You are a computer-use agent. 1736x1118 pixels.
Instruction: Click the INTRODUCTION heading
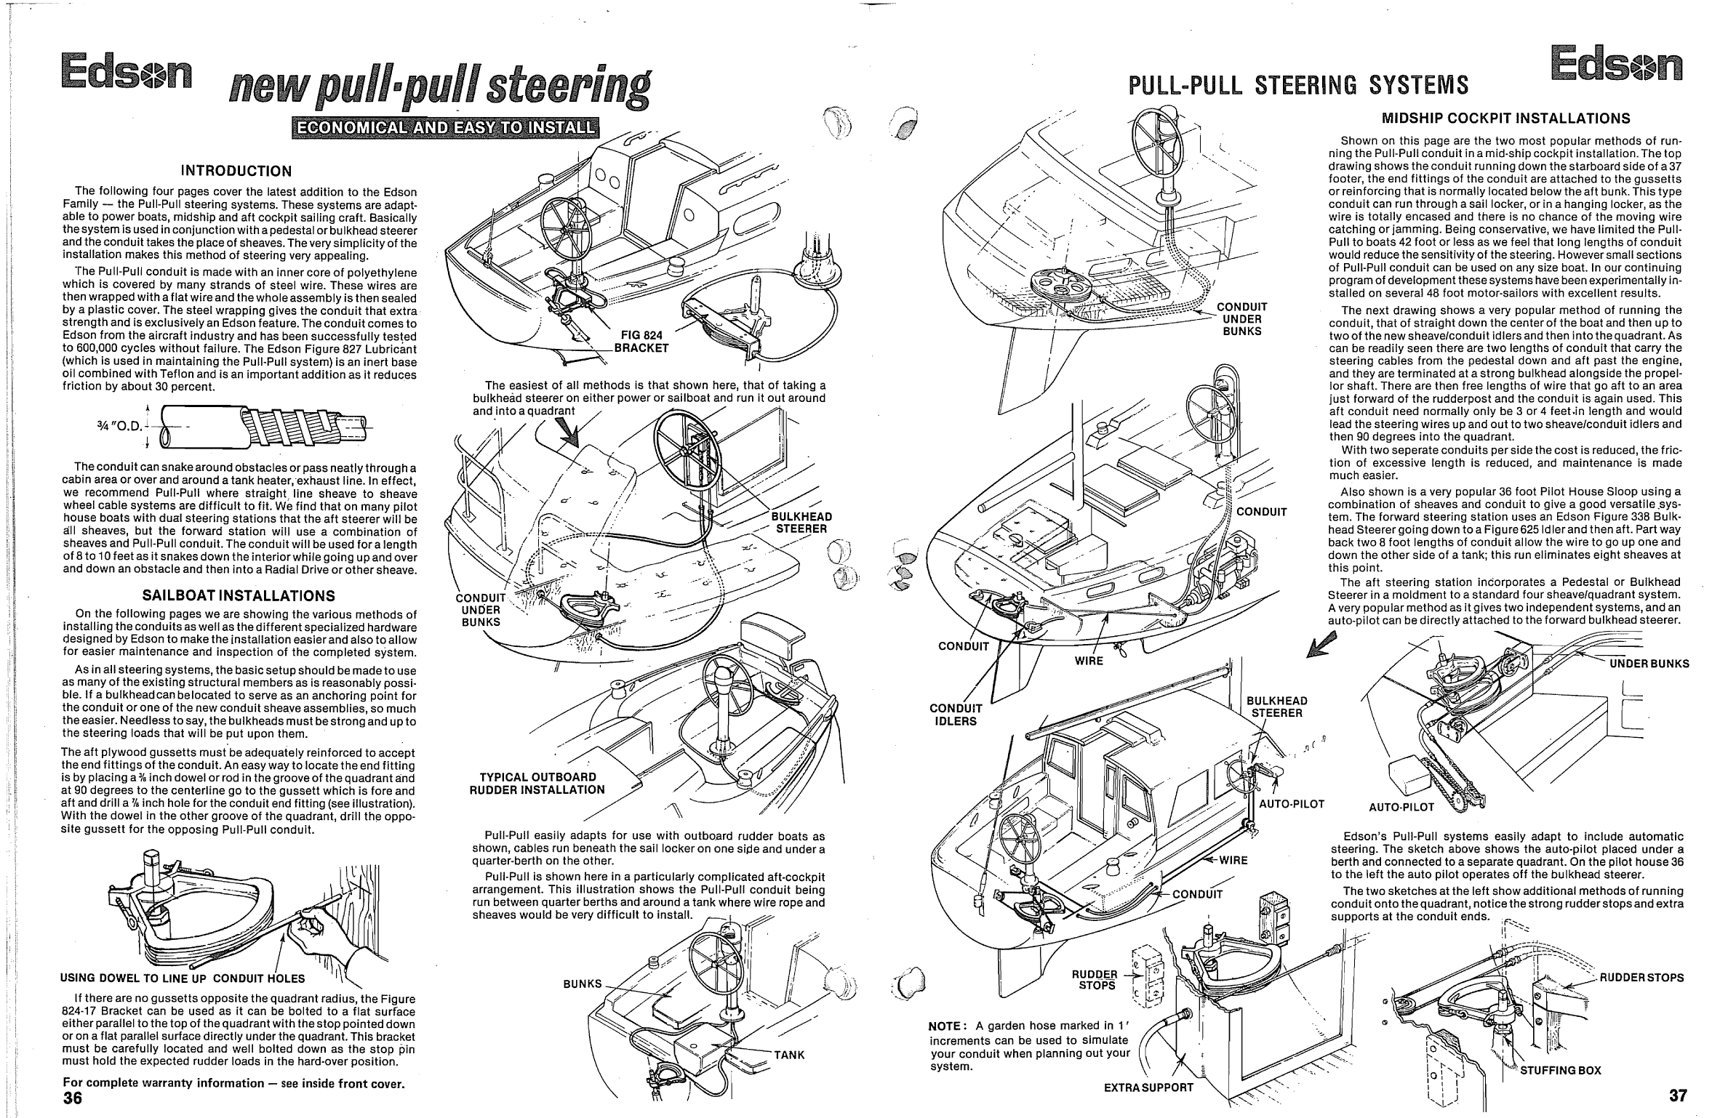click(x=236, y=172)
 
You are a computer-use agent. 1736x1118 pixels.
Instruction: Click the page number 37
click(x=1677, y=1095)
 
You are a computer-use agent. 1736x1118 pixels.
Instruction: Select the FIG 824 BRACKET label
click(x=641, y=342)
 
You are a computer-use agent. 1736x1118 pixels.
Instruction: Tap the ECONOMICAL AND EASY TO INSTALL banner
click(x=444, y=127)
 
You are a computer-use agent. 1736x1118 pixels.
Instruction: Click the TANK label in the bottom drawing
click(x=789, y=1055)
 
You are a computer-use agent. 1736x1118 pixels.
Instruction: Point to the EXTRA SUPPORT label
click(x=1148, y=1087)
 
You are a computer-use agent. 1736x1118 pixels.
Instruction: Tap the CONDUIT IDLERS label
click(x=956, y=715)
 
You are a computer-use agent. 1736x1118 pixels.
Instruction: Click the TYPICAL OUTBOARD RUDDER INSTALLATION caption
click(x=537, y=784)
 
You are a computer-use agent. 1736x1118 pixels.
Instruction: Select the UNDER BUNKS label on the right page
click(x=1649, y=664)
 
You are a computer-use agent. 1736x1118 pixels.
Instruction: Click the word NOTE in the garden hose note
click(x=947, y=1026)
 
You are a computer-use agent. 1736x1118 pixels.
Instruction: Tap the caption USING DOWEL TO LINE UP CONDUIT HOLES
click(x=183, y=978)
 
